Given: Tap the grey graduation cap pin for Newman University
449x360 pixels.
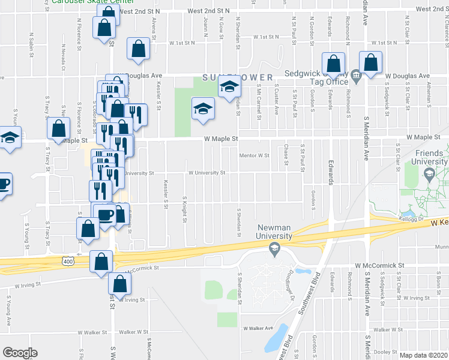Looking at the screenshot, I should click(274, 249).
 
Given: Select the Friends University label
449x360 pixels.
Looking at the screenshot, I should click(430, 157).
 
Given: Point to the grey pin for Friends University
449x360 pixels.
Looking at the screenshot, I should click(429, 175).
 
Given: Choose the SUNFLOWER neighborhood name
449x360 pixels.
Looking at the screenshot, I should click(238, 77).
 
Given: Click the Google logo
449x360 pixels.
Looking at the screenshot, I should click(20, 353).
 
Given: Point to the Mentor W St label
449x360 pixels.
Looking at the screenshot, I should click(255, 155).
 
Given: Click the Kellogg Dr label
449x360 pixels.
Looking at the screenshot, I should click(411, 220).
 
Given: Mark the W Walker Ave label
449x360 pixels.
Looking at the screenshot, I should click(258, 328).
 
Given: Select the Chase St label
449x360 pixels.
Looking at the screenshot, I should click(286, 154).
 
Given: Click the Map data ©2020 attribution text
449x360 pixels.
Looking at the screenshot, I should click(424, 355).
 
